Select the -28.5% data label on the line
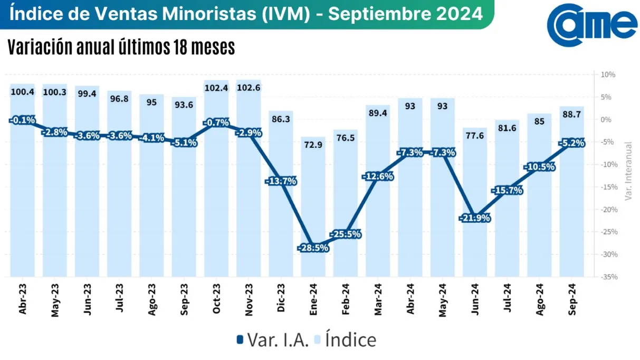(x=313, y=248)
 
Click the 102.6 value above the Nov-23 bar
(x=249, y=88)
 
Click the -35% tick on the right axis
(x=608, y=277)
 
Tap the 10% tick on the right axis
(x=608, y=74)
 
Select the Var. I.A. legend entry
(x=273, y=339)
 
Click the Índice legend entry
(x=345, y=339)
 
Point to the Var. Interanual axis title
(x=628, y=170)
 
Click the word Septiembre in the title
(x=384, y=13)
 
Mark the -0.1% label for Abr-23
(x=23, y=120)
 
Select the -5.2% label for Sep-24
(x=572, y=143)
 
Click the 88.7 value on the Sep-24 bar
(x=572, y=114)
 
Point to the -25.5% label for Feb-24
(x=346, y=234)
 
